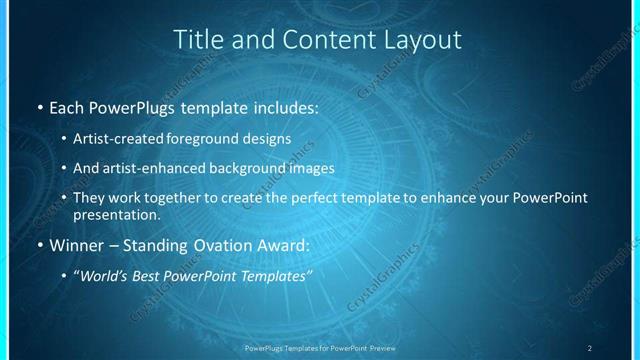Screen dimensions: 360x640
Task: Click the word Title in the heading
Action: [195, 40]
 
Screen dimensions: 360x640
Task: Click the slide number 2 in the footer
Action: [590, 348]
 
